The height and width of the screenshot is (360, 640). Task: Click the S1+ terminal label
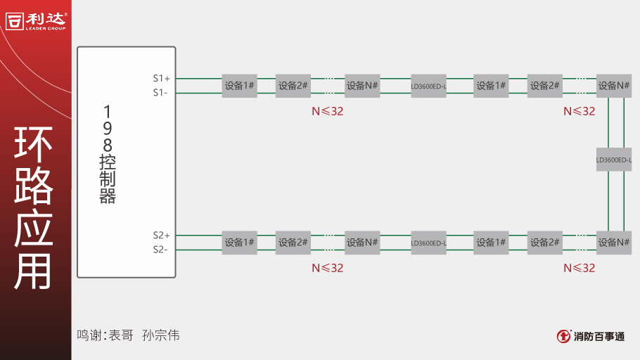point(161,78)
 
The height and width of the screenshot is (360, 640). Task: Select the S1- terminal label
point(160,92)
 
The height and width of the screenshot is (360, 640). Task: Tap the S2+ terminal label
point(161,235)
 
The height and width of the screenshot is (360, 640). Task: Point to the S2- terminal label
point(160,249)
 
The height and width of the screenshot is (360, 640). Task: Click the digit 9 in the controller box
point(108,129)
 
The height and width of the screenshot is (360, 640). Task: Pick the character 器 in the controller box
point(108,196)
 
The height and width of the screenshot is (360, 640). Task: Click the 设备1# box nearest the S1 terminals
point(240,86)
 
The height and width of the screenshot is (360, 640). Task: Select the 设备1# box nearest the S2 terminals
point(240,243)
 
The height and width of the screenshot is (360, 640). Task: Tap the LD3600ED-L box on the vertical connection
point(614,160)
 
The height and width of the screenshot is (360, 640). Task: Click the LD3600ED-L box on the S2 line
point(429,243)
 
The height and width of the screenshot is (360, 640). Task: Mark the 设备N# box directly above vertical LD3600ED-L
point(614,86)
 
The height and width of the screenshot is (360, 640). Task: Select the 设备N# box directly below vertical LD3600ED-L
point(614,243)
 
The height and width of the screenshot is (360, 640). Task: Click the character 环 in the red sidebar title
point(34,146)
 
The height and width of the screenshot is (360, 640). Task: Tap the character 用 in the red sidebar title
point(34,270)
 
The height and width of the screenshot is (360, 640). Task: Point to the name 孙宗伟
point(161,335)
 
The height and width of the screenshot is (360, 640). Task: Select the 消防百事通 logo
point(590,336)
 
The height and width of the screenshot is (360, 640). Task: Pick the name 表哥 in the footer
point(121,335)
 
